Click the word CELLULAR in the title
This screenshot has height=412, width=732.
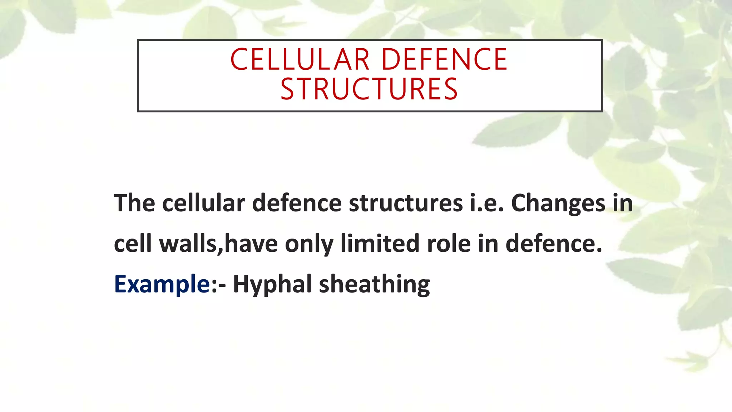(x=300, y=59)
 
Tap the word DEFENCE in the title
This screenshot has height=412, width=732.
(x=444, y=59)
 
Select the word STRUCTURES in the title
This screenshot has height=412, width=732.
(x=369, y=89)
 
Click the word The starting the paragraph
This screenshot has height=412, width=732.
(x=134, y=203)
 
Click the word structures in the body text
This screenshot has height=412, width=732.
(x=406, y=203)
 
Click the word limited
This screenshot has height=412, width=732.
(x=380, y=244)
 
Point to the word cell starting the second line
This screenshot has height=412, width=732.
(x=133, y=244)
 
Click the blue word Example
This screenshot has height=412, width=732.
(x=162, y=284)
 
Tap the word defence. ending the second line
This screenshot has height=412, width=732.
(x=554, y=244)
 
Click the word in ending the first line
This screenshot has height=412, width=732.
(x=623, y=203)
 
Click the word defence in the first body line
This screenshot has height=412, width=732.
(x=297, y=203)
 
